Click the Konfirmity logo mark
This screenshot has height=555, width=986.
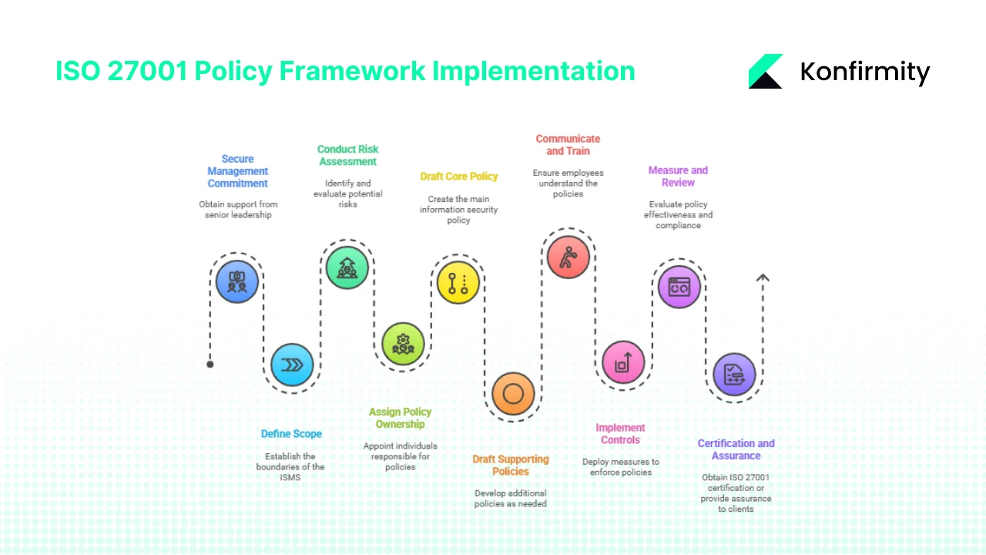(x=765, y=72)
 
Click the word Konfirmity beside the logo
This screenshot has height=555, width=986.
(x=864, y=72)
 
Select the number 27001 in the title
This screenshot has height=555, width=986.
(x=148, y=71)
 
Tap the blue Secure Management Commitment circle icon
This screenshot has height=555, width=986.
(x=237, y=281)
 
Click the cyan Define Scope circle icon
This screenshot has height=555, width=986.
(x=292, y=365)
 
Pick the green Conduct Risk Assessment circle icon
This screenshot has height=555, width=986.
(x=347, y=267)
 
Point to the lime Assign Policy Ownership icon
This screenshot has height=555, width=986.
(x=403, y=343)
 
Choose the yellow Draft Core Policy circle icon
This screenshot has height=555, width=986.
(x=458, y=282)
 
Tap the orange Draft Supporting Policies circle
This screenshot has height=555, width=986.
(x=513, y=394)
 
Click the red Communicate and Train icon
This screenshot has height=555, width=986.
(x=568, y=257)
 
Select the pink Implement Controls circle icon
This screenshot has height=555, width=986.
(x=622, y=362)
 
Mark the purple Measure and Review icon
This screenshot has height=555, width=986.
(x=679, y=287)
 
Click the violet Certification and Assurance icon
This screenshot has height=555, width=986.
(x=734, y=374)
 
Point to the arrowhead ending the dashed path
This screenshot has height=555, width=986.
(x=762, y=278)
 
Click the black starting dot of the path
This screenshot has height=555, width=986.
(x=210, y=364)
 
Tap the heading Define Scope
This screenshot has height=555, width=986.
(x=291, y=434)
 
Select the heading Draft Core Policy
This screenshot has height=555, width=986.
(x=459, y=177)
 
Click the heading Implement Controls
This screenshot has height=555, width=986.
(x=620, y=433)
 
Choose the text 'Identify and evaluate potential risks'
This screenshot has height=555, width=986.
(x=347, y=193)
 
